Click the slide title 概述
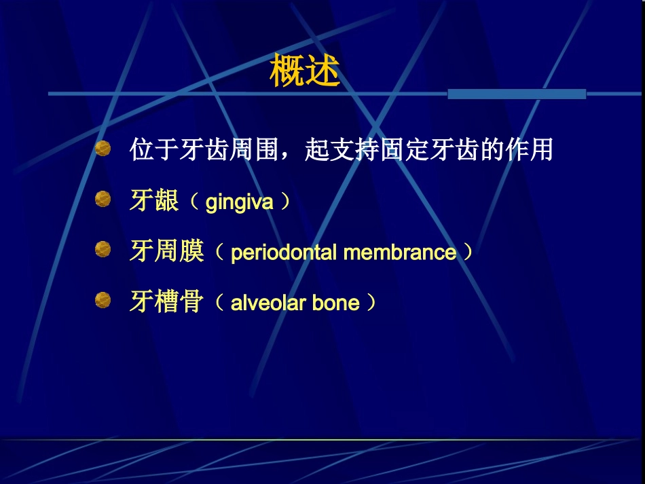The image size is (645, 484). pos(304,71)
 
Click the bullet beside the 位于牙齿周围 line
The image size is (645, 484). pos(103,149)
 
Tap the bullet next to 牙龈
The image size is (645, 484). pos(103,199)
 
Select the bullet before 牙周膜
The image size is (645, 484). pos(103,249)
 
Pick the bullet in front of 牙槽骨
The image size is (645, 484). pos(103,299)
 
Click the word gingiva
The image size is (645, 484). pos(239,202)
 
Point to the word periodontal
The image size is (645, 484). pos(285,253)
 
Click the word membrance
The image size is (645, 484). pos(400,253)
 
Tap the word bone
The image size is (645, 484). pos(336,303)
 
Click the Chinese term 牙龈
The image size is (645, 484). pos(154,202)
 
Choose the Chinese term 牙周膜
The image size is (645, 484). pos(167,252)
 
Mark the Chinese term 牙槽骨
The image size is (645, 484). pos(167,302)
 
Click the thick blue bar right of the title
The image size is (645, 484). pos(517,94)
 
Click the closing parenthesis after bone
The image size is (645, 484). pos(371,302)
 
